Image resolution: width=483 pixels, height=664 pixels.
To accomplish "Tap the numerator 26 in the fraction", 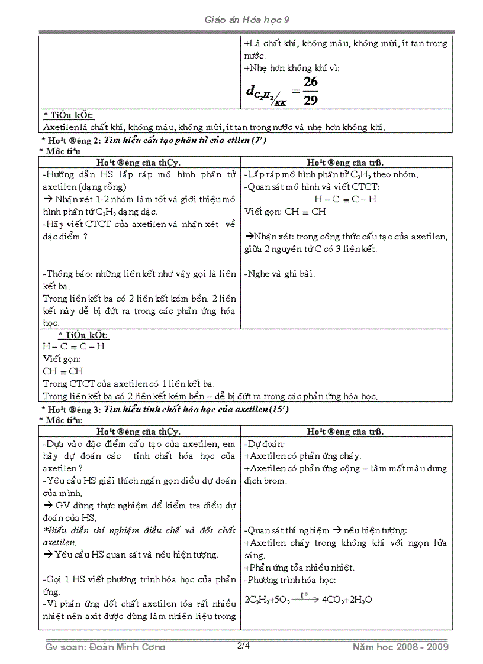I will coord(310,82).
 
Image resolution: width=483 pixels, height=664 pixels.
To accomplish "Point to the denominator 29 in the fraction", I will coord(310,100).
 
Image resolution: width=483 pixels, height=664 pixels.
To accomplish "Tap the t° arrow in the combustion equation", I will coord(304,597).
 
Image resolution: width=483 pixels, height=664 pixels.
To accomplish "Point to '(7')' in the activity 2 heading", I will coord(258,140).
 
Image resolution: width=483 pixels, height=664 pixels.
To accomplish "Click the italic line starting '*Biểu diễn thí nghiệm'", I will coord(139,530).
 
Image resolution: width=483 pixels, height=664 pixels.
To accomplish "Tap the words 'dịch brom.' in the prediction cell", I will coord(265,481).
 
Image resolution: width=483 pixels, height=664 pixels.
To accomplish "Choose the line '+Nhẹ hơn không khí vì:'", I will coord(292,68).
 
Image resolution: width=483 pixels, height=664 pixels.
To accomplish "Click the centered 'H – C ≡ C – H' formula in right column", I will coord(345,199).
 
